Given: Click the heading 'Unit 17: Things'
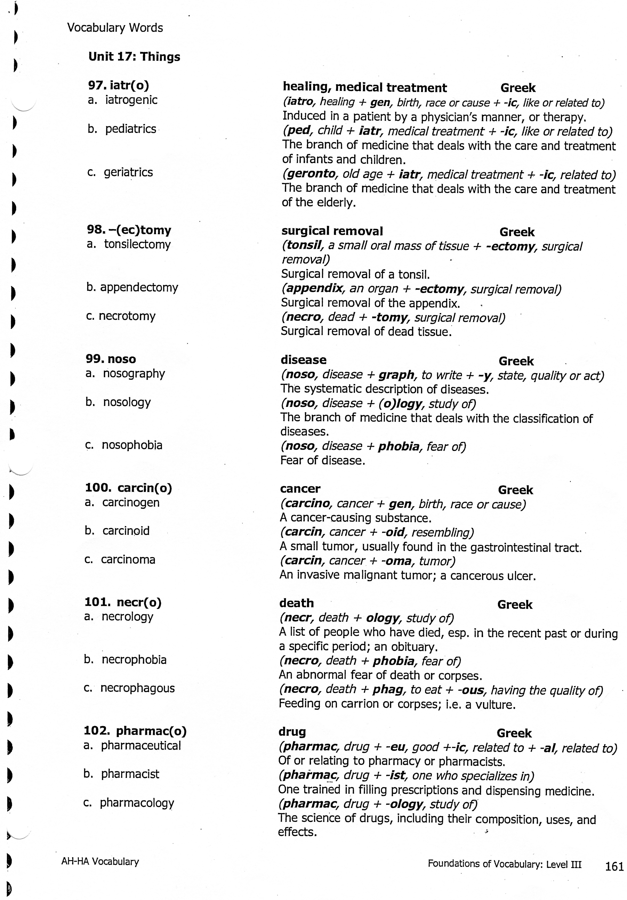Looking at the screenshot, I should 134,57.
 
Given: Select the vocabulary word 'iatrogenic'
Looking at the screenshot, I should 131,100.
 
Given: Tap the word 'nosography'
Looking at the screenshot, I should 134,374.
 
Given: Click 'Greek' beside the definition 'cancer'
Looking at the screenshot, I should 515,490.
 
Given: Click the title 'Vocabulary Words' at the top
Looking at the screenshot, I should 115,28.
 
